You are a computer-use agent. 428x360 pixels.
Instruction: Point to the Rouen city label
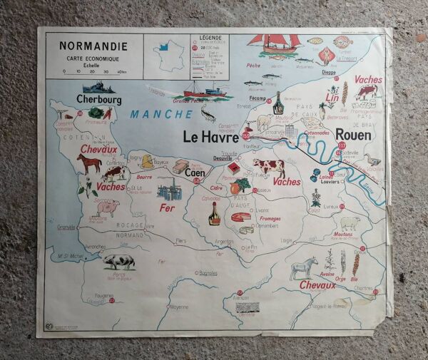[352, 134]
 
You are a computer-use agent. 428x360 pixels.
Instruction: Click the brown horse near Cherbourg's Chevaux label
[89, 164]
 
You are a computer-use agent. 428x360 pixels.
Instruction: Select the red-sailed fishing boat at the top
[275, 44]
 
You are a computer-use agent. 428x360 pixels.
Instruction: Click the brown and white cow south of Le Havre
[269, 168]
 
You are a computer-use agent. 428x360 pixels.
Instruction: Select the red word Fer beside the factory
[167, 208]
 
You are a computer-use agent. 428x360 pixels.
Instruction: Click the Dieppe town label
[329, 72]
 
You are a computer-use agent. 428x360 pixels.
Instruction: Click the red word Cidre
[217, 188]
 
